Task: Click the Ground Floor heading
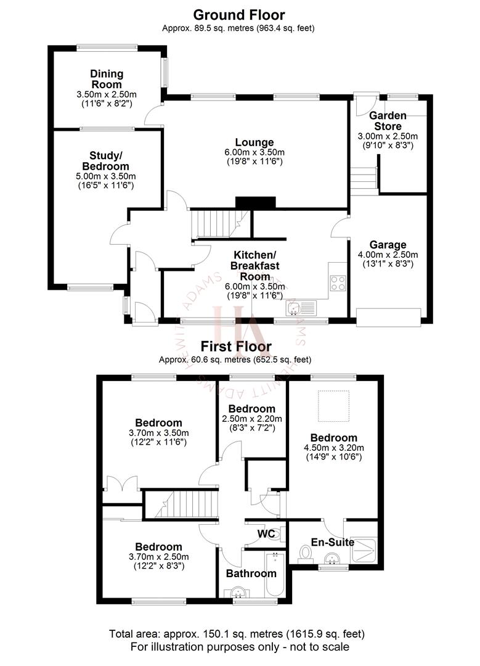240,14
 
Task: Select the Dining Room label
106,80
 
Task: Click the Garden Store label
388,120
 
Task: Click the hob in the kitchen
338,283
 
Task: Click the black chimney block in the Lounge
255,203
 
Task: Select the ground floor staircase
219,223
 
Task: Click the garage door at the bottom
389,315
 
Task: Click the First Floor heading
240,347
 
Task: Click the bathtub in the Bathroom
275,574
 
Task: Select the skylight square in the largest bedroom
333,403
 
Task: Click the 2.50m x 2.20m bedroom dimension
251,418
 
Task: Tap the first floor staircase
183,504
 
